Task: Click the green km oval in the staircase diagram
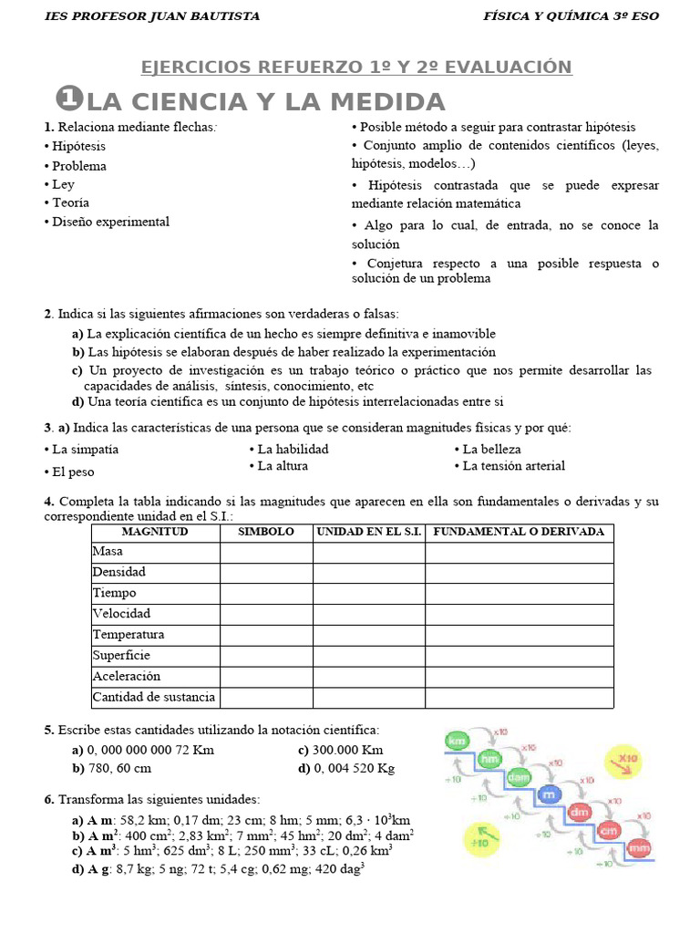pos(457,742)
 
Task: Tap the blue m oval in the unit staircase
pos(548,794)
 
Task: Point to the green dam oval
pos(519,777)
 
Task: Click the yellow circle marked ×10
pos(628,759)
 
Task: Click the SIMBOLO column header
pos(266,532)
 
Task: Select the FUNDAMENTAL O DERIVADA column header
pos(519,532)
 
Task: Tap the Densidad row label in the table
pos(119,572)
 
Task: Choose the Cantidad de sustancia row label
pos(154,698)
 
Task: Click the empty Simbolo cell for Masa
pos(266,552)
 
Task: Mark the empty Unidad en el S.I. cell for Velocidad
pos(368,614)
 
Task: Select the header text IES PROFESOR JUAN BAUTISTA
pos(152,16)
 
